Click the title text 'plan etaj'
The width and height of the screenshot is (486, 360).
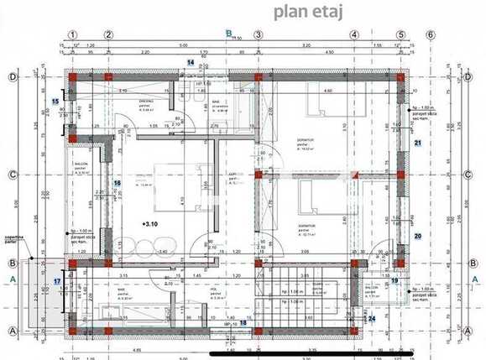[306, 11]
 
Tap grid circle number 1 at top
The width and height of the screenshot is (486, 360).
[74, 35]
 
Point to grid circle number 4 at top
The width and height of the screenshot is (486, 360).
[355, 35]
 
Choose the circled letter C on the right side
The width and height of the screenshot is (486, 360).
[467, 175]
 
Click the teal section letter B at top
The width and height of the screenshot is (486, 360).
[227, 34]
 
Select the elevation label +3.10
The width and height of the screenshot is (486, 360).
[151, 224]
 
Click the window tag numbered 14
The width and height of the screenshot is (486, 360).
[191, 62]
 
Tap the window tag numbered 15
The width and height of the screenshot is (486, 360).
[55, 102]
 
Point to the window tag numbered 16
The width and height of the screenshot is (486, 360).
[118, 183]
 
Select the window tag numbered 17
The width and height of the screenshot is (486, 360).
[57, 281]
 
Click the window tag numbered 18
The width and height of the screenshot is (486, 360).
[243, 322]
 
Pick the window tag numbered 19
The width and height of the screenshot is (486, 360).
[395, 281]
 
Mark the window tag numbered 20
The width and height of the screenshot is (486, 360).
[417, 236]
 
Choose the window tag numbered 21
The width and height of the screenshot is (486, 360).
[417, 143]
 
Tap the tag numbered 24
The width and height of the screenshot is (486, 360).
[372, 318]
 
